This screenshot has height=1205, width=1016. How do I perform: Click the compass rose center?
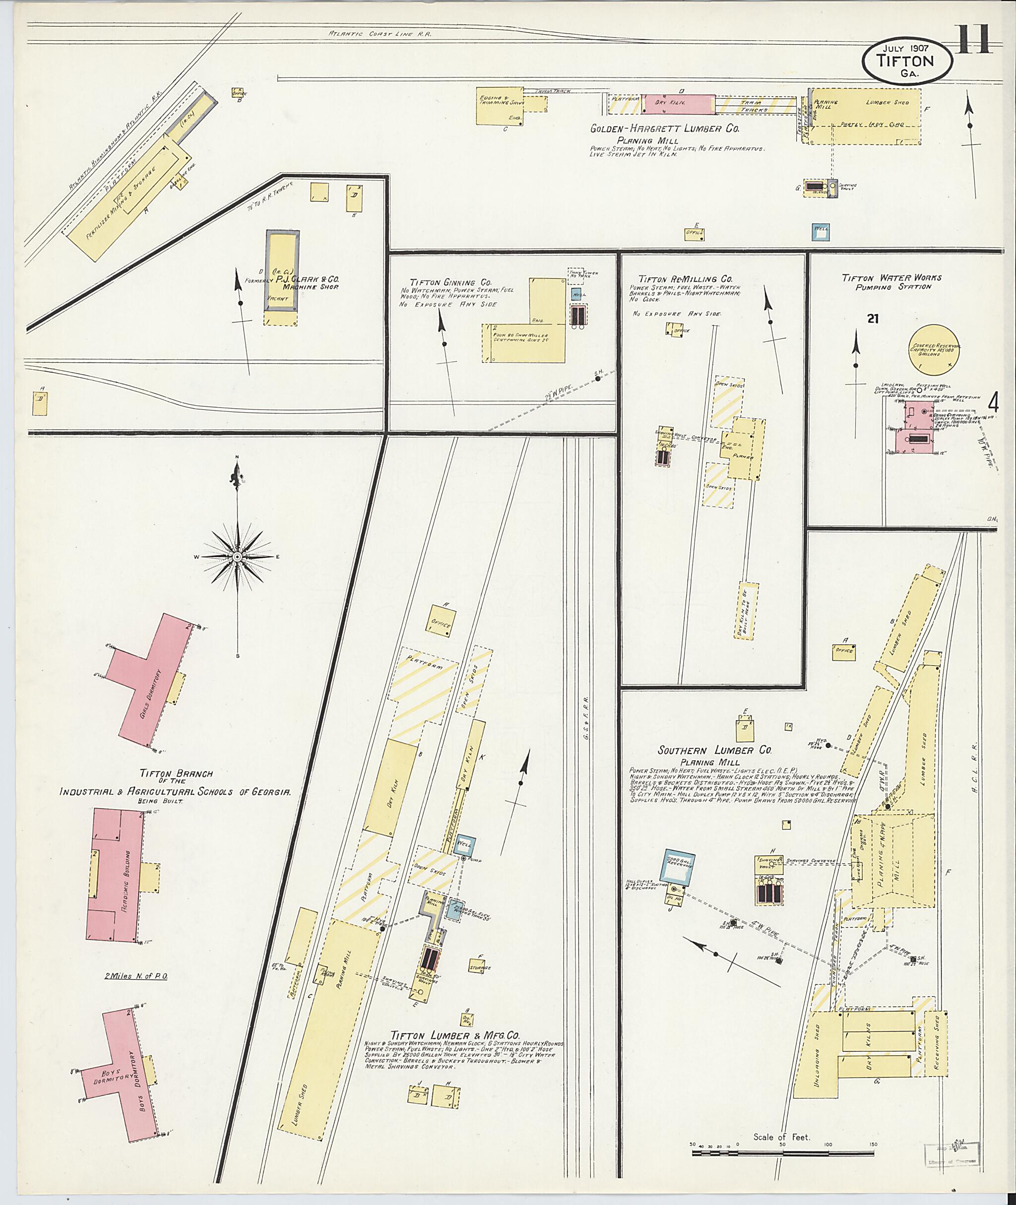(x=237, y=557)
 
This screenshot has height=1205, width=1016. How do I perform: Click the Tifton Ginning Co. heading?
(x=451, y=282)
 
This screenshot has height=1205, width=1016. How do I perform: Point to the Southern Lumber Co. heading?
(x=714, y=750)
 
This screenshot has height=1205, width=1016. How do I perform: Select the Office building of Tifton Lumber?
(x=443, y=625)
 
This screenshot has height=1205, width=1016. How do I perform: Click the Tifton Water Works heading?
(x=891, y=278)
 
